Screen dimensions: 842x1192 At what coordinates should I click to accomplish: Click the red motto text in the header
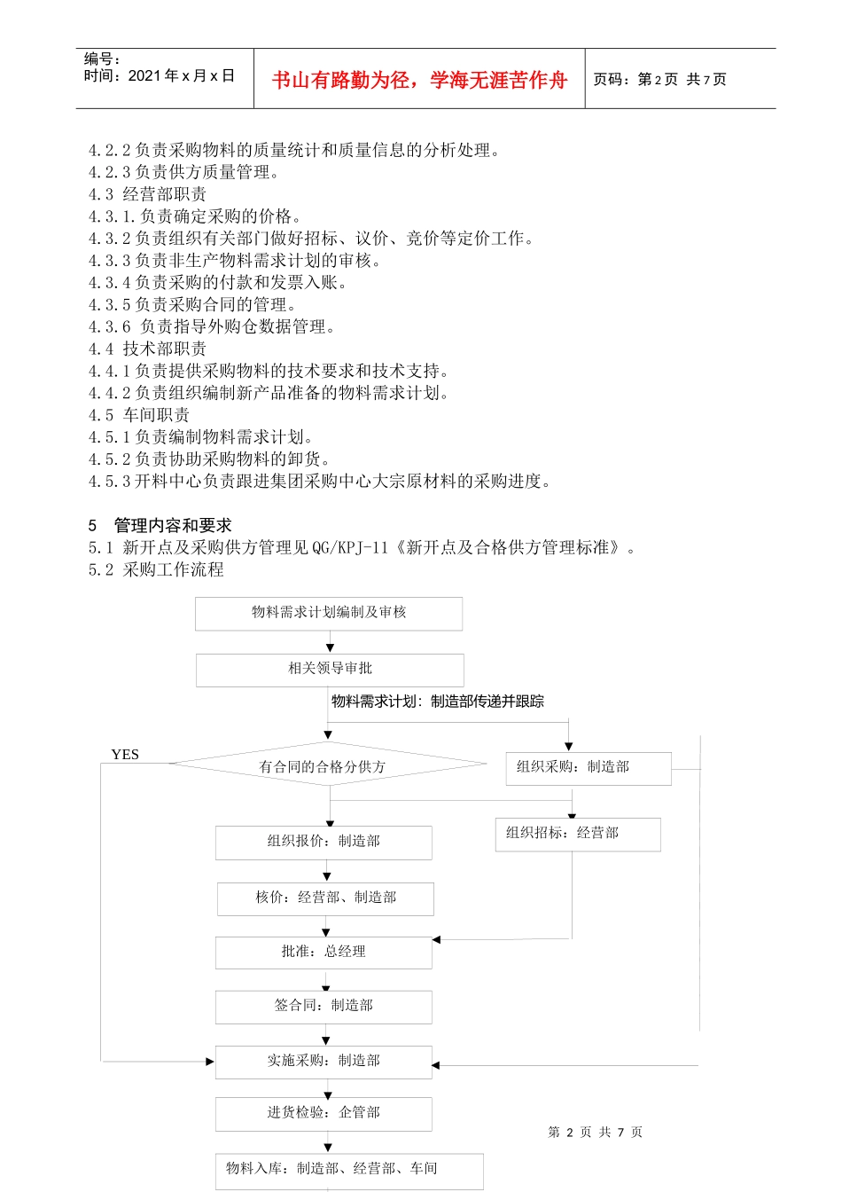[418, 81]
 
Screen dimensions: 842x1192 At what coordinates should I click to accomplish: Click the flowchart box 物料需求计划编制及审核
[329, 613]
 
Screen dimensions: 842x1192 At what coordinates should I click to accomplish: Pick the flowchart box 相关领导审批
[330, 670]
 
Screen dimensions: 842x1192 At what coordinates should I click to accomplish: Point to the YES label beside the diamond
[125, 755]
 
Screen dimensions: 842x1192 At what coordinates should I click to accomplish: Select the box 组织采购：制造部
[588, 768]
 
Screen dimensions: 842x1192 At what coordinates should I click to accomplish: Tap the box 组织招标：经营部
[577, 834]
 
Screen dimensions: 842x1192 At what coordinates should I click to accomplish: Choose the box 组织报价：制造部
[324, 842]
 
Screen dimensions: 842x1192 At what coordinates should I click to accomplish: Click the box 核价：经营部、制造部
[325, 898]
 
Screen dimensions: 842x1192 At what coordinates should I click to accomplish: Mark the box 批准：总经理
[324, 953]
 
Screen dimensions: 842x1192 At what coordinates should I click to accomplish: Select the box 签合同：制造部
[324, 1007]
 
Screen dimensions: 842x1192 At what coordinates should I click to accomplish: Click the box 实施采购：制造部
[324, 1062]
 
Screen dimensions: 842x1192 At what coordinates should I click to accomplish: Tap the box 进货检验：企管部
[324, 1113]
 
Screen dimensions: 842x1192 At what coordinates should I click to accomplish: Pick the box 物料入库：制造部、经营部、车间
[349, 1170]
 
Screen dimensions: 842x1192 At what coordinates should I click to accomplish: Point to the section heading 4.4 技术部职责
[147, 349]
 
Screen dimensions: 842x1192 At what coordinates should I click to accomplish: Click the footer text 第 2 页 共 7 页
[595, 1133]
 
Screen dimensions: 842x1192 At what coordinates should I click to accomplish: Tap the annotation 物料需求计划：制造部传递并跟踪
[438, 702]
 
